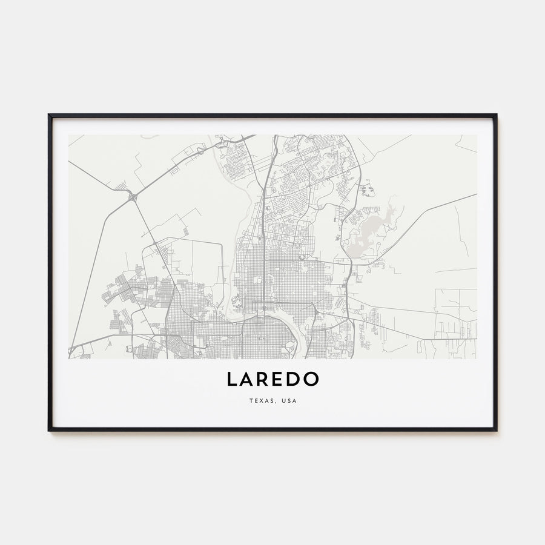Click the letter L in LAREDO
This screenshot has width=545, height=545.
tap(233, 380)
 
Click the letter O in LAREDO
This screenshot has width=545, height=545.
tap(311, 380)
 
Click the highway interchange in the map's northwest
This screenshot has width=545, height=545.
tap(132, 196)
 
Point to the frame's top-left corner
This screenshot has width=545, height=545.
tap(50, 115)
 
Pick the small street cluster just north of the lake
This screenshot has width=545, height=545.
tap(367, 190)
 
